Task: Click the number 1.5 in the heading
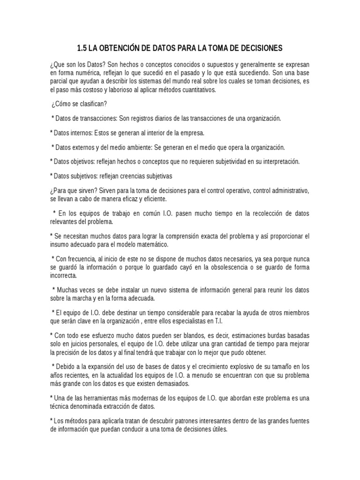pyautogui.click(x=82, y=48)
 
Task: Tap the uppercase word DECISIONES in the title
pyautogui.click(x=260, y=48)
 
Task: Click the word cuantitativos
pyautogui.click(x=194, y=90)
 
